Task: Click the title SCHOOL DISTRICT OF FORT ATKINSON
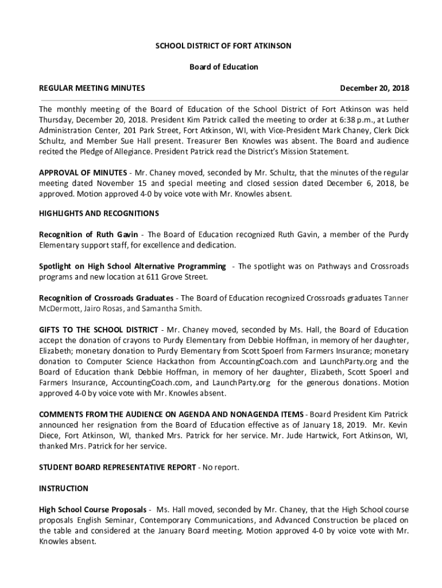tap(224, 45)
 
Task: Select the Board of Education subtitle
tap(224, 67)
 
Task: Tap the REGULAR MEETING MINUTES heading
tap(91, 88)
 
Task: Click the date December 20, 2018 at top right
tap(374, 88)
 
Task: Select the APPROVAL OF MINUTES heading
tap(83, 173)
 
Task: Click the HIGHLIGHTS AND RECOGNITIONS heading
tap(99, 213)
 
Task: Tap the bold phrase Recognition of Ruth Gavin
tap(92, 234)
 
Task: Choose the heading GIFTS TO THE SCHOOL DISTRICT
tap(98, 330)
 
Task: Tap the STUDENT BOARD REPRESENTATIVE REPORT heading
tap(117, 467)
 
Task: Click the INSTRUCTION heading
tap(64, 489)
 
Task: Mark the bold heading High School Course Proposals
tap(92, 510)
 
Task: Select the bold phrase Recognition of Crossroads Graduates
tap(106, 298)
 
